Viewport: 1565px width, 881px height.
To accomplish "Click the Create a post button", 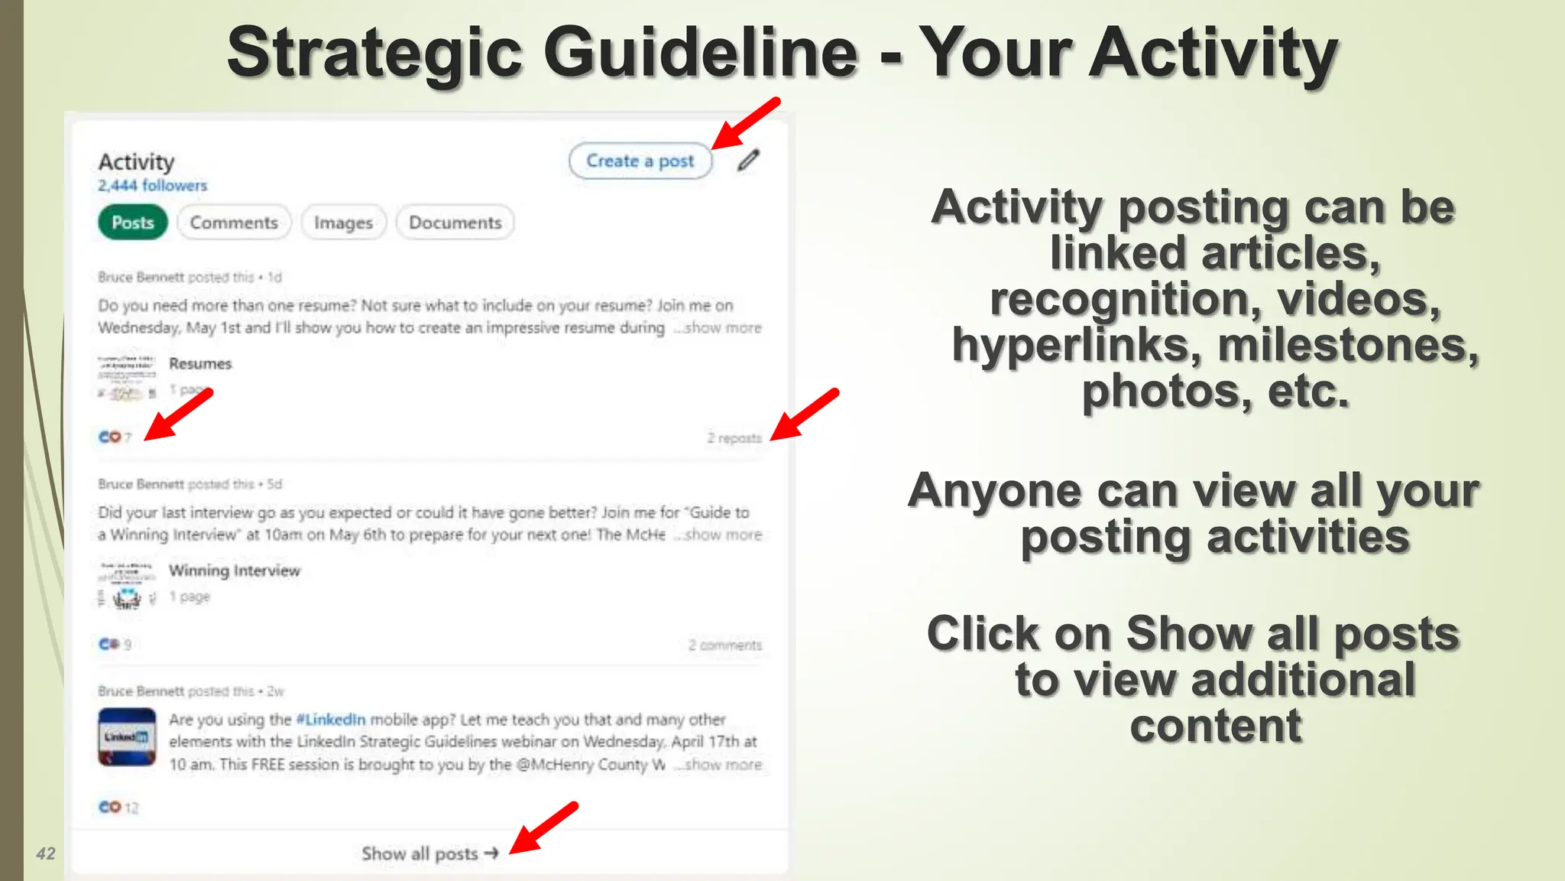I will [x=640, y=161].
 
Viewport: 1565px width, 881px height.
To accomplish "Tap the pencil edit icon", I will [x=748, y=161].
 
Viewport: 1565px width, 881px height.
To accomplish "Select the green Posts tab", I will [x=132, y=223].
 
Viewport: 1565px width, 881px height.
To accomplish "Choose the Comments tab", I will [x=234, y=223].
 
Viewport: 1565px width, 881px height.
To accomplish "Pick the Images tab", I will [x=343, y=223].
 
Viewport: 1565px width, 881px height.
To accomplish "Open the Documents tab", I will [x=455, y=223].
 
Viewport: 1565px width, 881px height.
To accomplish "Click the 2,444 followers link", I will [x=152, y=185].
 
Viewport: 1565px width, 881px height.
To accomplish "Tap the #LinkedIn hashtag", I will [x=330, y=720].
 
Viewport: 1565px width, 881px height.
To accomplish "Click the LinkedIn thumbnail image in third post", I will [x=127, y=737].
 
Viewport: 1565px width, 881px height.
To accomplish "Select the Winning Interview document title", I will [x=235, y=571].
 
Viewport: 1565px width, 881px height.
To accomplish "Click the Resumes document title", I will [x=200, y=363].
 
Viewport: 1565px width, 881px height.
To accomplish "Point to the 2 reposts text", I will [x=734, y=438].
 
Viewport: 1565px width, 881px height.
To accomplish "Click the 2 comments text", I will [x=724, y=645].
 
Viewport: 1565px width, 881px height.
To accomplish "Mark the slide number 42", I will [x=46, y=853].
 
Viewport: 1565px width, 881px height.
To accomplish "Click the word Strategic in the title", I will [x=374, y=54].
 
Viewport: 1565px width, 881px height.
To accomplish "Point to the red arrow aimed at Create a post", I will [x=745, y=123].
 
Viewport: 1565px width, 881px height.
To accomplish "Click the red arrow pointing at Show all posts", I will [x=543, y=827].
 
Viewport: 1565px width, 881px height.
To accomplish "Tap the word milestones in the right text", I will [x=1348, y=346].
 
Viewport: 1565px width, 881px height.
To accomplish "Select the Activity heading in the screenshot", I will [x=136, y=162].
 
